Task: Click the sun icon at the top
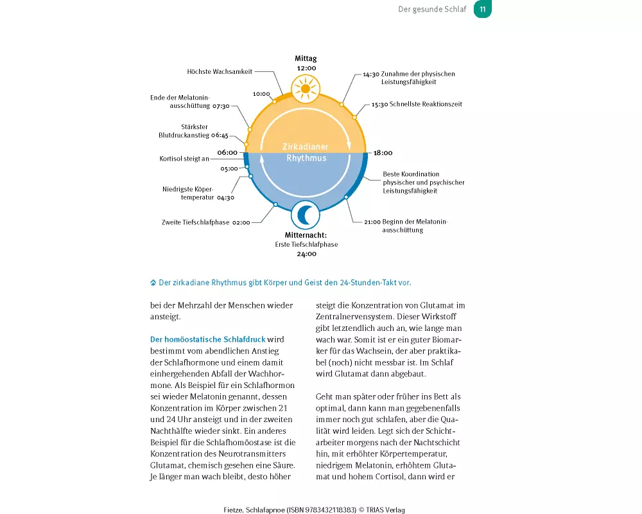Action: click(x=306, y=87)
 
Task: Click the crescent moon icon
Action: click(x=306, y=215)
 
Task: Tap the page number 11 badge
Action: click(x=483, y=9)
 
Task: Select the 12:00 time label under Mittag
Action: click(x=306, y=67)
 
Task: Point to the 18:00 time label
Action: click(x=383, y=153)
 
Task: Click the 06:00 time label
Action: click(x=228, y=153)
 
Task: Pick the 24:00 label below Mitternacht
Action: click(x=306, y=254)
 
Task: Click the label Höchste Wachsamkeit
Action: click(x=220, y=72)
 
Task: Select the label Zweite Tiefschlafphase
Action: click(x=195, y=223)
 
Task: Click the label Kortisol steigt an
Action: click(x=184, y=159)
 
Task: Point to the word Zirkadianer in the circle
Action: click(x=306, y=147)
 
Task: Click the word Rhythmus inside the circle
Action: click(x=306, y=158)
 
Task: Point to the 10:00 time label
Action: click(x=261, y=94)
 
